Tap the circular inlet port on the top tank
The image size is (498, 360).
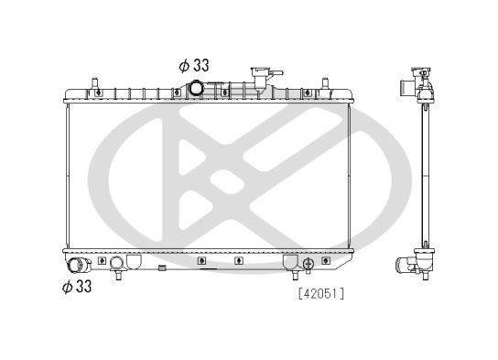click(x=198, y=89)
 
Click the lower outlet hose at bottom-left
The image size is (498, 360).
click(x=79, y=267)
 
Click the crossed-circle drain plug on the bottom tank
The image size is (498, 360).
click(x=308, y=263)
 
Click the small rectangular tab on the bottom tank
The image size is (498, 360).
click(x=162, y=268)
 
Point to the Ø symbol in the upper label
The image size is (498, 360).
click(x=184, y=65)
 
